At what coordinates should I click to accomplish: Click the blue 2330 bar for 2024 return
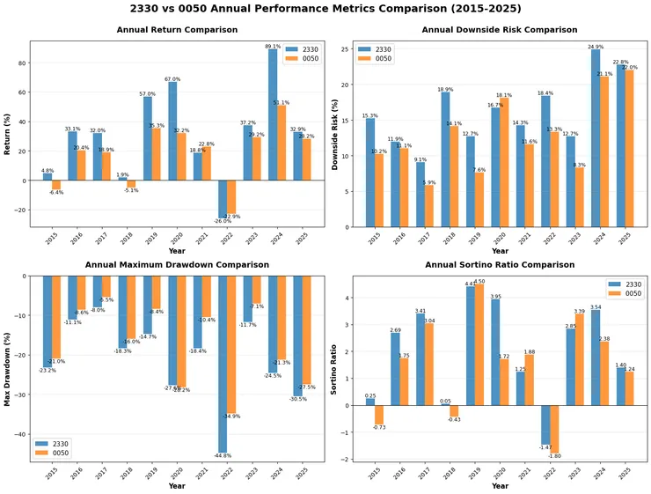click(273, 114)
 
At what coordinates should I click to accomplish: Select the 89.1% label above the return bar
click(273, 46)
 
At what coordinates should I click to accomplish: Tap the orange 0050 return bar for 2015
click(56, 185)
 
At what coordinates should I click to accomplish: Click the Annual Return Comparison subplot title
click(177, 30)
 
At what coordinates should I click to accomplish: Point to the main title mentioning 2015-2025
click(325, 10)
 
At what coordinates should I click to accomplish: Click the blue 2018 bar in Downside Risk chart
click(446, 159)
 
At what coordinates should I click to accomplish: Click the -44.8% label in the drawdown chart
click(223, 455)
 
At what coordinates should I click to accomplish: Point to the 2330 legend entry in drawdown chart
click(55, 444)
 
